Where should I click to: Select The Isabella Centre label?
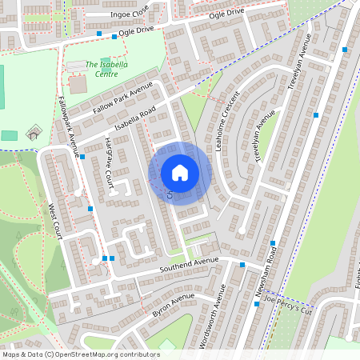pos(102,69)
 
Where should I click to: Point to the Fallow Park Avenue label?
pos(122,98)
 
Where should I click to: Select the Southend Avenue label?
pos(189,262)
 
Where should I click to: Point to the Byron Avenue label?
pos(173,305)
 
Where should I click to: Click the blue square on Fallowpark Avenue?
pos(82,157)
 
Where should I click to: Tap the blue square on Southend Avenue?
pos(242,264)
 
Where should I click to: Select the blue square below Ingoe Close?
pos(99,34)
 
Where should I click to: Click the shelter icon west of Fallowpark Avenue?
pos(32,133)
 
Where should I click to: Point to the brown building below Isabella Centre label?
pos(78,84)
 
